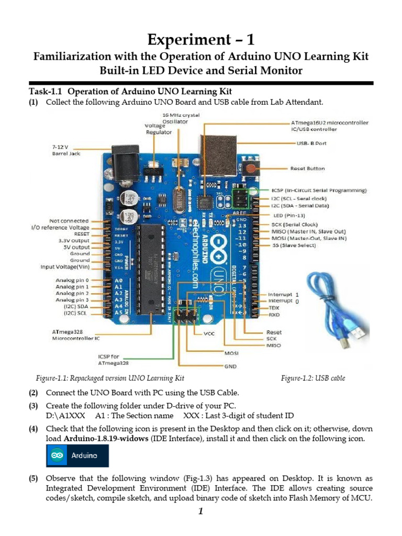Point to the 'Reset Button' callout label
[x=307, y=169]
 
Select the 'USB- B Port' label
[x=311, y=143]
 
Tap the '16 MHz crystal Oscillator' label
[x=181, y=118]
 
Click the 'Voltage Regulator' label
[x=158, y=129]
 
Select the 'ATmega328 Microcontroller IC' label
[x=76, y=335]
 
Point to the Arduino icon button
[x=77, y=455]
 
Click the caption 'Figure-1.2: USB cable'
[x=312, y=378]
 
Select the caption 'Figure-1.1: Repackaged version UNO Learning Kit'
[x=110, y=378]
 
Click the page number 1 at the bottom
[x=200, y=512]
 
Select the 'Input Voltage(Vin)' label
[x=65, y=267]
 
